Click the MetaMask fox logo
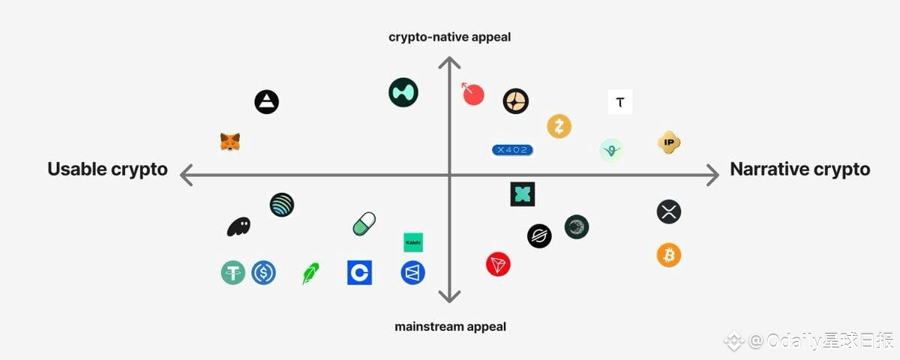coord(230,142)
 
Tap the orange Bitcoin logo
coord(669,255)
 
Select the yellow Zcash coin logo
coord(559,126)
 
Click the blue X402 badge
coord(512,150)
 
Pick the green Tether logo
coord(233,272)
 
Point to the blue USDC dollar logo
coord(264,272)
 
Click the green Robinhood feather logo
coord(310,273)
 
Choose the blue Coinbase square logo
coord(359,272)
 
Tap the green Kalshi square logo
coord(413,242)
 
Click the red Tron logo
coord(498,264)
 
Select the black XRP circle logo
coord(669,211)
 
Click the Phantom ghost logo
coord(238,226)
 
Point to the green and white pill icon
coord(364,223)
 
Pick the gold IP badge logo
coord(669,142)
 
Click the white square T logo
coord(619,102)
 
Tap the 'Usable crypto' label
coord(107,169)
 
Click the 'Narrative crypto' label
coord(799,169)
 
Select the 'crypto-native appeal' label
coord(449,37)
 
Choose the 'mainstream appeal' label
coord(450,326)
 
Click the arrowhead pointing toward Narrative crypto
coord(712,175)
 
